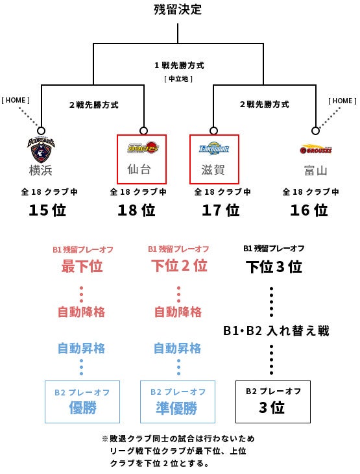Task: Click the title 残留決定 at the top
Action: [178, 9]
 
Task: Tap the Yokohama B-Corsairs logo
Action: [41, 150]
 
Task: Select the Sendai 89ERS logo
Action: [143, 147]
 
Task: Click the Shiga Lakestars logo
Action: [214, 148]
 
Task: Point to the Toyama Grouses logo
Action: [316, 149]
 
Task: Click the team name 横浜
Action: [41, 170]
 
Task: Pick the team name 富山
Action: [316, 171]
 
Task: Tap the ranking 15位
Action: [47, 210]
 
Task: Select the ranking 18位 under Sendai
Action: [136, 210]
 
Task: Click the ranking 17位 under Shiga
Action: [221, 210]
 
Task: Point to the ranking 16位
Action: [309, 210]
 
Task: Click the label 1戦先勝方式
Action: [180, 66]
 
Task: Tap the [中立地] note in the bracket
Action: [178, 79]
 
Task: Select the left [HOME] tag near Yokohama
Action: [16, 100]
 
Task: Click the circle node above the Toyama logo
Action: [316, 131]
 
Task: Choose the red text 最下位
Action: [82, 266]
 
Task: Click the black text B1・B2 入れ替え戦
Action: [276, 331]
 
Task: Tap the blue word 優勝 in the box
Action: [82, 408]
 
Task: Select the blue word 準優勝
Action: [176, 408]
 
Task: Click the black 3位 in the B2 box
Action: [272, 408]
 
